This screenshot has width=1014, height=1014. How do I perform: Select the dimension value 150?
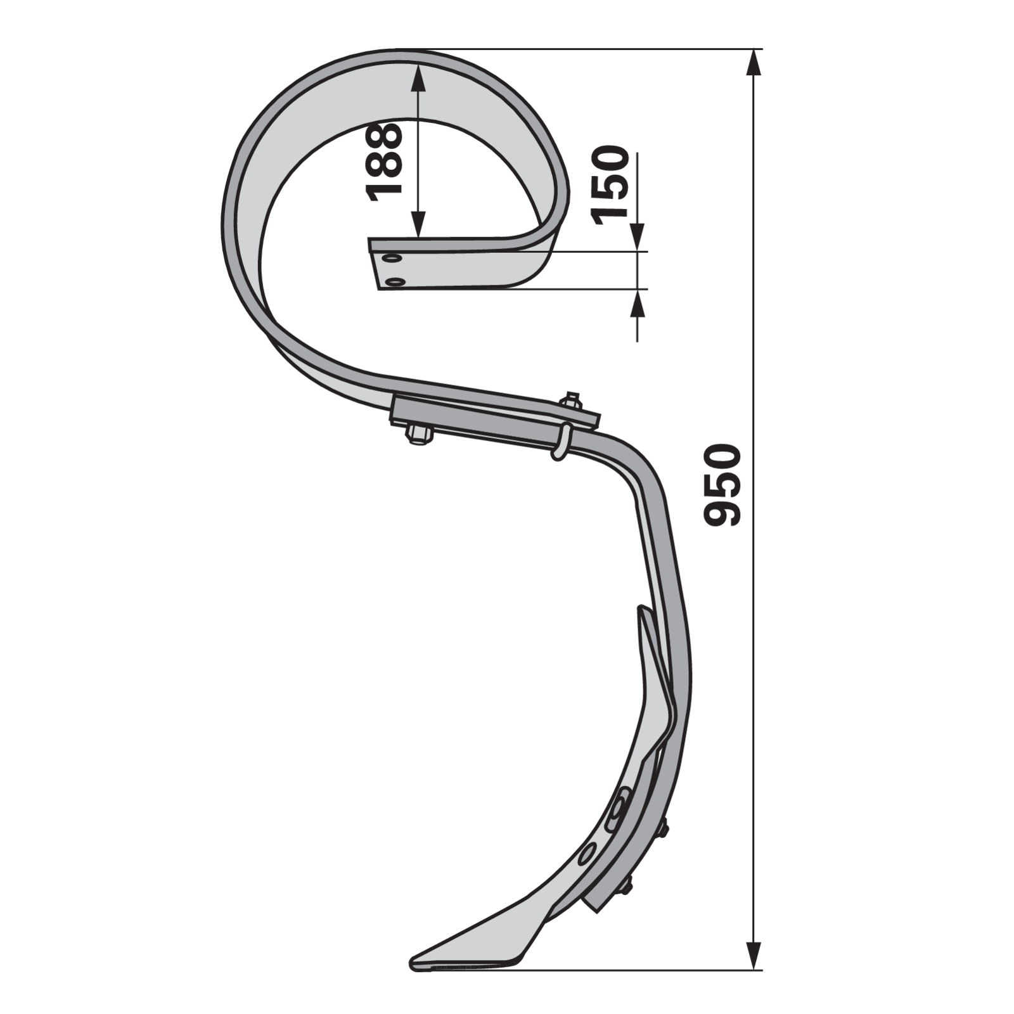coord(609,184)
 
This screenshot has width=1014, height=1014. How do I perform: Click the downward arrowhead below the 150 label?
coord(637,238)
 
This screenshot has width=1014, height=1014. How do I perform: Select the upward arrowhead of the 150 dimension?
coord(637,304)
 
